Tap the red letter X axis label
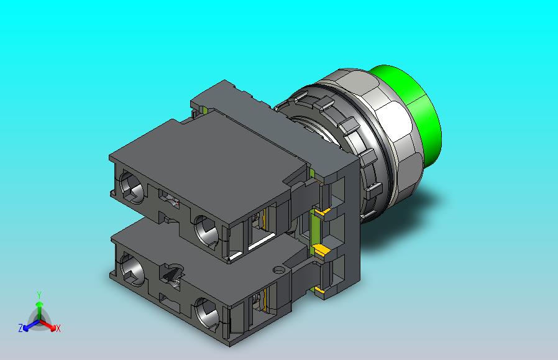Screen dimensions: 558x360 (x=58, y=328)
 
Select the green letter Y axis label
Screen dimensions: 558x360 (x=39, y=295)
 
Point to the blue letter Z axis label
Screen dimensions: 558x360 (x=21, y=328)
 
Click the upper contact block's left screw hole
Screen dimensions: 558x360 (x=132, y=187)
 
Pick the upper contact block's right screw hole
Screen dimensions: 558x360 (x=206, y=232)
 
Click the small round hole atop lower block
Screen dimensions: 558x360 (x=278, y=270)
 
